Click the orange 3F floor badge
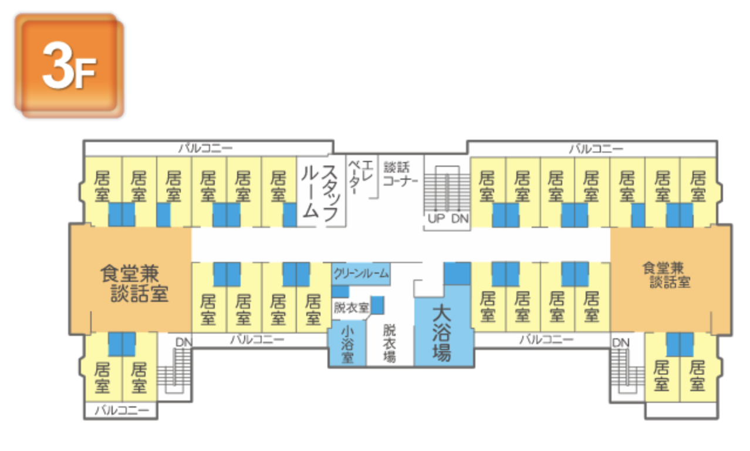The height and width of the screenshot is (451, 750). [x=69, y=66]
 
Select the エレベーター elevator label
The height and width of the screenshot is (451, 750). [x=359, y=175]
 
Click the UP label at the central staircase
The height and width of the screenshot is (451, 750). [x=436, y=219]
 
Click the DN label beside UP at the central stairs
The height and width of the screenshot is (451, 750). [x=460, y=219]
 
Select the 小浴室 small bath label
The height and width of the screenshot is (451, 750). [x=347, y=345]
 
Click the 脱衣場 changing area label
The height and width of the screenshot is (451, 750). [x=390, y=343]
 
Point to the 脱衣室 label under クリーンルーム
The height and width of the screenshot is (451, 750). [x=350, y=308]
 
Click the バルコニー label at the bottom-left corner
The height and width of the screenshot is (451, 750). [x=121, y=409]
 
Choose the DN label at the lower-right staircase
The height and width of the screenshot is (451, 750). [x=620, y=342]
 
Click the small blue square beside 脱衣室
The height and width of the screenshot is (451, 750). [x=378, y=305]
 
